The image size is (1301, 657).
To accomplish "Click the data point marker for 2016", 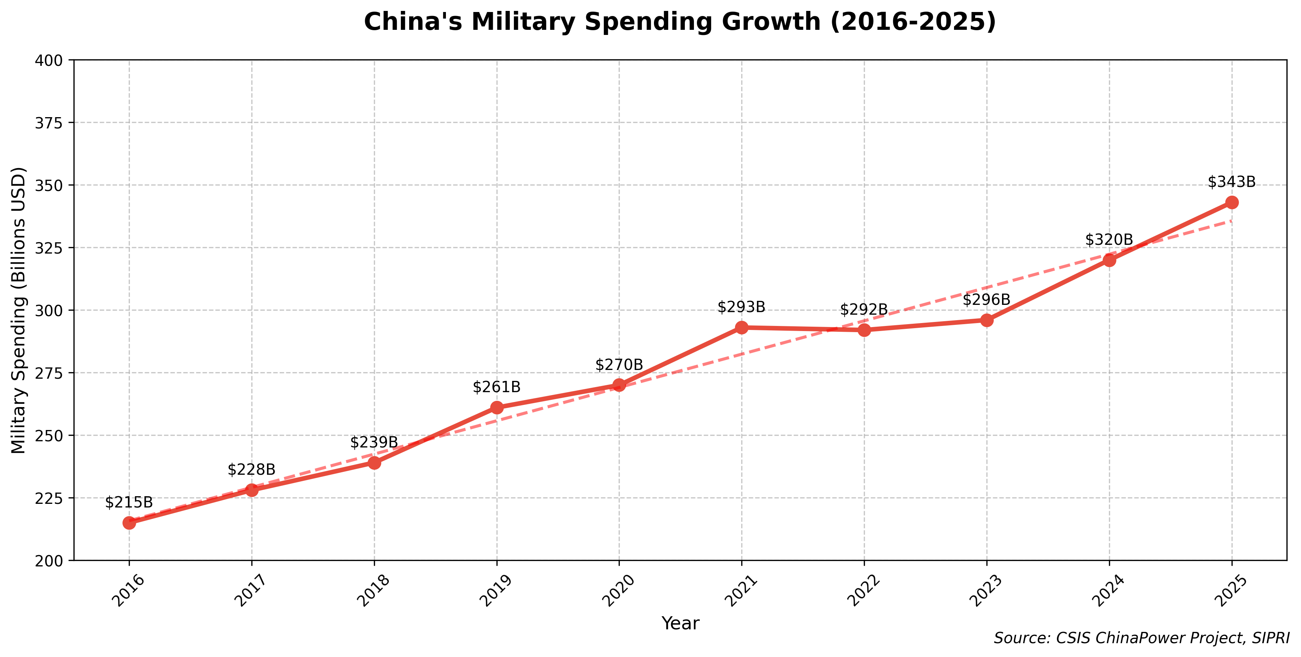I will tap(129, 523).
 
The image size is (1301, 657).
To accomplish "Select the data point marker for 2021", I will tap(741, 328).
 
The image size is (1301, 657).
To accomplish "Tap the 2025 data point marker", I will tap(1232, 203).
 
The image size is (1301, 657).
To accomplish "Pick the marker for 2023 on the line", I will tap(987, 320).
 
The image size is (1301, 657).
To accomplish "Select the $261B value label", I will tap(496, 387).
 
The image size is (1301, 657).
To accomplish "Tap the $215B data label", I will tap(129, 502).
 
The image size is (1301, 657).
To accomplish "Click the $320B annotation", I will tap(1109, 240).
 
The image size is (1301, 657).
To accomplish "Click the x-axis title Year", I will tap(680, 624).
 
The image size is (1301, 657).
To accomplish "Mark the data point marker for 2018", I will tap(374, 463).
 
